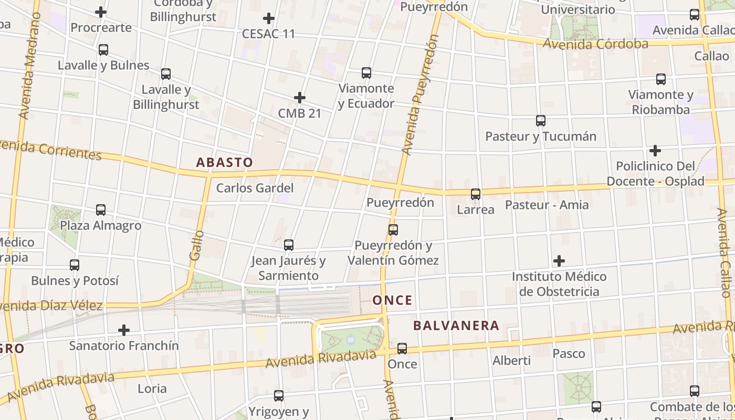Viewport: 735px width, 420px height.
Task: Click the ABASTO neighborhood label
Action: (224, 162)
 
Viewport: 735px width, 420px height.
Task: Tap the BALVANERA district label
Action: (456, 325)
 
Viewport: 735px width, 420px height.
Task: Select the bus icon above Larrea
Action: (476, 194)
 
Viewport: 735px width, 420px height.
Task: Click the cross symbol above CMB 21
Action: (300, 98)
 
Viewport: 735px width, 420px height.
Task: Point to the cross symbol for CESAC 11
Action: (269, 19)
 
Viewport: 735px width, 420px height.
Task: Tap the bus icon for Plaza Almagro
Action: (101, 210)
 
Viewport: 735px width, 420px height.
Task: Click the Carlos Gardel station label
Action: (255, 188)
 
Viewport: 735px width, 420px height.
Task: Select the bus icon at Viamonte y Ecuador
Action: (366, 73)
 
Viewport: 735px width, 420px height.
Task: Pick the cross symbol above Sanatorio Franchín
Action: (124, 330)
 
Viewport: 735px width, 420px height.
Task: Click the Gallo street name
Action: (196, 245)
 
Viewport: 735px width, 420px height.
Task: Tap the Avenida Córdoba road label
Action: (595, 44)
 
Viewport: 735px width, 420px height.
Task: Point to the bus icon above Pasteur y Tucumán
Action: (541, 121)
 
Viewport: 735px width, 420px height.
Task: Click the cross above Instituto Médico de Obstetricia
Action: (559, 261)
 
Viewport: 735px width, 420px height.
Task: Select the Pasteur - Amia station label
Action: (547, 205)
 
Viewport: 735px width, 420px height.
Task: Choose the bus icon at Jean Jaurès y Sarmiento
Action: (288, 245)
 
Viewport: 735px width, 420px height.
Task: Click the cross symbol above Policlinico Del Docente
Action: (655, 151)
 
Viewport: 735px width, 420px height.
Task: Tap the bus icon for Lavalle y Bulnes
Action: (103, 50)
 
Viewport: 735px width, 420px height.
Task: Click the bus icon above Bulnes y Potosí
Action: (75, 265)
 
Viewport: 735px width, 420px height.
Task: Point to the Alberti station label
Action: (511, 361)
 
